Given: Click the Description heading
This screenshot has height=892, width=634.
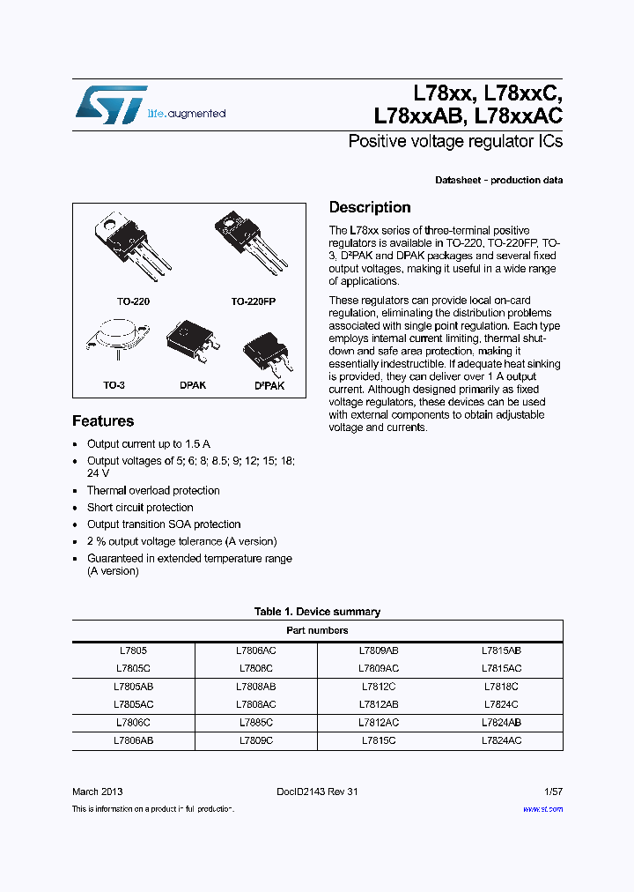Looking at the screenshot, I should pyautogui.click(x=370, y=208).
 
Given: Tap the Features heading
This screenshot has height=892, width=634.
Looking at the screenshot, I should pyautogui.click(x=103, y=421).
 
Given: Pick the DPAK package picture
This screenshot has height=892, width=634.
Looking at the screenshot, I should pyautogui.click(x=192, y=344).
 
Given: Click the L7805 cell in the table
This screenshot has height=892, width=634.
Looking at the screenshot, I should pyautogui.click(x=133, y=650).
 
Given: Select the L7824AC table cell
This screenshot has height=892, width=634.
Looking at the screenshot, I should pyautogui.click(x=502, y=741).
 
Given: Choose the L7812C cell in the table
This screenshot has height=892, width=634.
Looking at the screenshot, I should pyautogui.click(x=380, y=687).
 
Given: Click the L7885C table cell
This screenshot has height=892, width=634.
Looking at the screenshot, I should pyautogui.click(x=256, y=723).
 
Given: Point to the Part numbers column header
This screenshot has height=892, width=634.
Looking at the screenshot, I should pyautogui.click(x=317, y=631).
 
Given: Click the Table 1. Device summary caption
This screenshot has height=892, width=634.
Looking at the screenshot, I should pyautogui.click(x=317, y=612).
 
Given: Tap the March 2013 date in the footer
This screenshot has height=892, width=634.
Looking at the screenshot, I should pyautogui.click(x=98, y=792).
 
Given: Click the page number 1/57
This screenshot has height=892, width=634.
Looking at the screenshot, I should pyautogui.click(x=551, y=792).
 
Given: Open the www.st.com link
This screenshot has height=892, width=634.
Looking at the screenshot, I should pyautogui.click(x=542, y=809).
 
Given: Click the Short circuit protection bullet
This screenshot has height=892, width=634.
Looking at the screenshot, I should pyautogui.click(x=140, y=508).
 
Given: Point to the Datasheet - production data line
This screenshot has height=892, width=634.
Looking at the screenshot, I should pyautogui.click(x=498, y=181).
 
